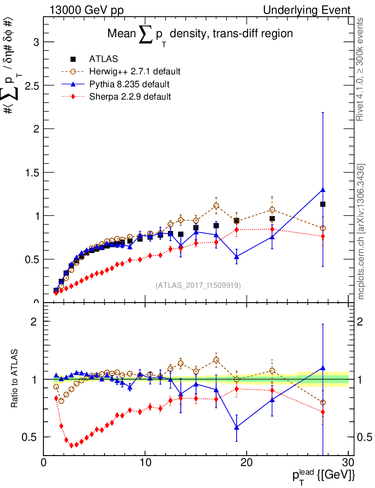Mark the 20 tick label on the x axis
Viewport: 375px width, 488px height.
[247, 462]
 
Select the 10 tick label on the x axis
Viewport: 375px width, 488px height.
[145, 462]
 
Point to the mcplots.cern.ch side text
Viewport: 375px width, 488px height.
[362, 231]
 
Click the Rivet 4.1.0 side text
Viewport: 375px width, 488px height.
[362, 69]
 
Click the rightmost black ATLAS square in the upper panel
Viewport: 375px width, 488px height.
[323, 204]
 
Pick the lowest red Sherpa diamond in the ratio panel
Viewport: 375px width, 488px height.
[72, 446]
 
